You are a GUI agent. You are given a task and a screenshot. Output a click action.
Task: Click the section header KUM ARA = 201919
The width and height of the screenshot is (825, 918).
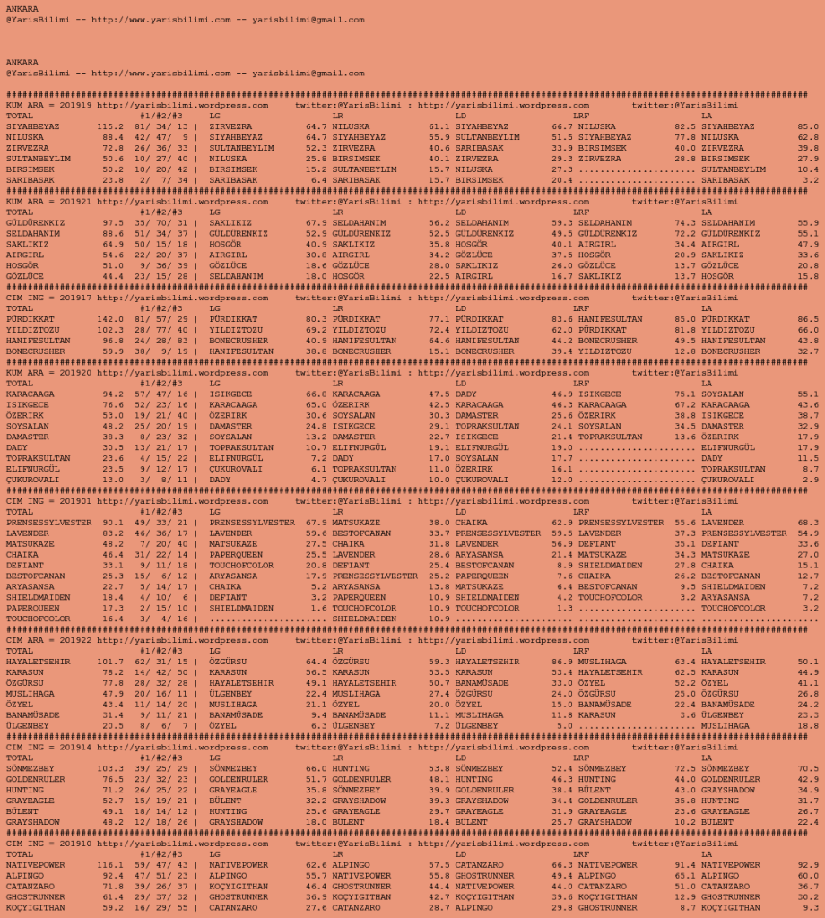[48, 105]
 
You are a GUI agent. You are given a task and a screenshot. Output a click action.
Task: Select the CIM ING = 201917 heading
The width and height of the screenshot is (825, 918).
[48, 298]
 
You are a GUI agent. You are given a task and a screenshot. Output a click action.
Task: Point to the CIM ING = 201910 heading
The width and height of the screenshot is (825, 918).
[48, 843]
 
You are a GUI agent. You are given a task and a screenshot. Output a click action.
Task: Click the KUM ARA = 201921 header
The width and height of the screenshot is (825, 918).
[48, 202]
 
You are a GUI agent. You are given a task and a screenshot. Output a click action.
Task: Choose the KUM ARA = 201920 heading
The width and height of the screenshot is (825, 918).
[48, 373]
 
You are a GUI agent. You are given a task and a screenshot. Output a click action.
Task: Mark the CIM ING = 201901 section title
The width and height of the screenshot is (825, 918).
[48, 502]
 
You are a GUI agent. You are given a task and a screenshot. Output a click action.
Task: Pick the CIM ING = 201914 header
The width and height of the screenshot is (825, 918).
[48, 747]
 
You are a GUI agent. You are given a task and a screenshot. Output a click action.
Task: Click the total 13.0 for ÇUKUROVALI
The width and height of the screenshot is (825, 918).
[112, 480]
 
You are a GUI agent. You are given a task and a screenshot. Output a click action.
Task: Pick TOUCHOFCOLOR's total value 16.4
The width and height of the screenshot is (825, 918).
[112, 619]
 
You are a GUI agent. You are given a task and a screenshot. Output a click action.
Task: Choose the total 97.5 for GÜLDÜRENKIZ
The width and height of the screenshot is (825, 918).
[112, 222]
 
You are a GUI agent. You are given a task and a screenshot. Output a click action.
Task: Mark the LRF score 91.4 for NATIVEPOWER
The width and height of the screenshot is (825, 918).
[684, 864]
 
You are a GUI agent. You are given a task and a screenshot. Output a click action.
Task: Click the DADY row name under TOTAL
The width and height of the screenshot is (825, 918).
[17, 447]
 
